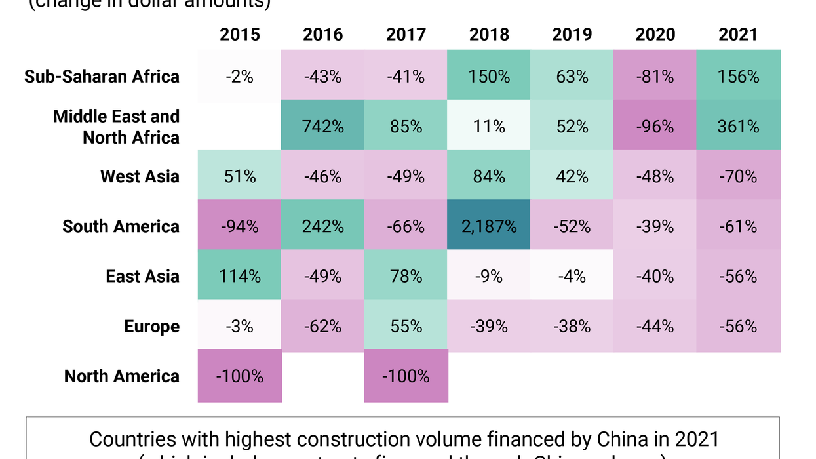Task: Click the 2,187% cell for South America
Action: coord(489,226)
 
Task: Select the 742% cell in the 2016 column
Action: coord(323,126)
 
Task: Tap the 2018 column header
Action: coord(489,34)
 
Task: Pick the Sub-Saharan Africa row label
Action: coord(102,77)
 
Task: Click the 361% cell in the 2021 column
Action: coord(738,126)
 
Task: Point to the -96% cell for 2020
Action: coord(655,126)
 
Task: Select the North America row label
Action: coord(122,376)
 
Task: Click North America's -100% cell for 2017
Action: coord(406,376)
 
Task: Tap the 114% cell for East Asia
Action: coord(240,276)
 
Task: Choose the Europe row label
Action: coord(151,327)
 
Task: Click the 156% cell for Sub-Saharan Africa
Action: coord(738,77)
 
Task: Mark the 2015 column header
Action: coord(240,34)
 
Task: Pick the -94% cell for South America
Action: coord(240,226)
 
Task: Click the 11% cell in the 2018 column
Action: coord(489,126)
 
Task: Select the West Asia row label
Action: coord(140,176)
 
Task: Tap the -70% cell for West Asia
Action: coord(738,176)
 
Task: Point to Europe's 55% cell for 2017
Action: coord(406,327)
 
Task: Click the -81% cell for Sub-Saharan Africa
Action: coord(655,77)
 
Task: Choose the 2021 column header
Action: coord(738,34)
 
